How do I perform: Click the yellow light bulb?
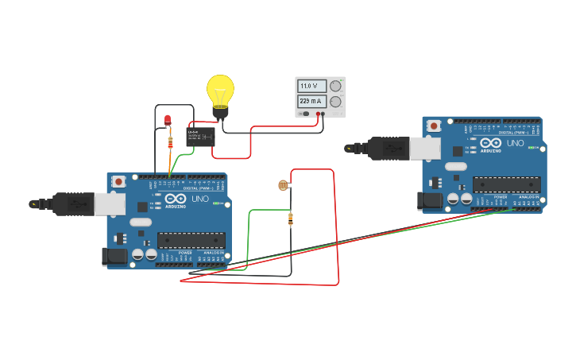coord(220,91)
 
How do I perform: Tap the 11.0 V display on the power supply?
coord(310,86)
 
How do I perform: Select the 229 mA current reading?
coord(311,102)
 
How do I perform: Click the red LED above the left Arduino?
coord(168,120)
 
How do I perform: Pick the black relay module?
coord(200,137)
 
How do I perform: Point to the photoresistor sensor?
coord(283,185)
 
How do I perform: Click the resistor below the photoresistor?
coord(290,219)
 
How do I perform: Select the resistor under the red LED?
coord(170,143)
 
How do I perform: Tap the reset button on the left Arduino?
coord(118,181)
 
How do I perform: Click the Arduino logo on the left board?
coord(176,201)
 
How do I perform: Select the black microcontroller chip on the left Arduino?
coord(191,240)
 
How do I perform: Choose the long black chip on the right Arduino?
coord(506,184)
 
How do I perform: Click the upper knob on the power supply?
coord(335,86)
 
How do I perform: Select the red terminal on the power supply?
coord(317,114)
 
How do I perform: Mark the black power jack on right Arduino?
coord(431,200)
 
